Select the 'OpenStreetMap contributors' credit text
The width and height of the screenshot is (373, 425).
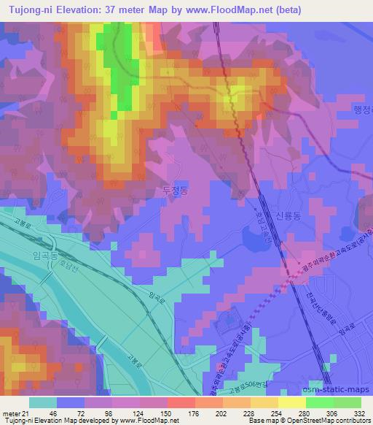click(325, 421)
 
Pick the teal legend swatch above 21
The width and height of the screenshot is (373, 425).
click(42, 402)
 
